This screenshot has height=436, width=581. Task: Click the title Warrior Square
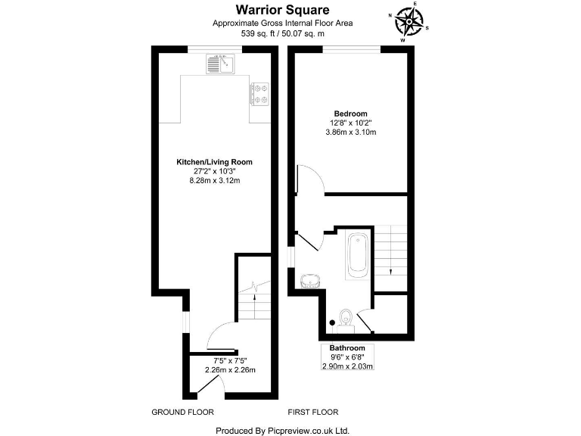point(283,10)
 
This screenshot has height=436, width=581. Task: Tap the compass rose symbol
point(409,22)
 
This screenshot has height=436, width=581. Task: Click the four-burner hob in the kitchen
point(260,92)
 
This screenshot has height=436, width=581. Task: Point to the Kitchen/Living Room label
point(214,162)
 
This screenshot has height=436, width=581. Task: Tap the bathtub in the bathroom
point(357,256)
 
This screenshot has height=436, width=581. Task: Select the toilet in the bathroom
point(346,318)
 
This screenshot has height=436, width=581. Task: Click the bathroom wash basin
point(310,280)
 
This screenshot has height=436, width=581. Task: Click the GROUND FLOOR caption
point(183,413)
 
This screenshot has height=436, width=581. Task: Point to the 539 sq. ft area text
point(283,33)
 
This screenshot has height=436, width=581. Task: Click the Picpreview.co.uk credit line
point(283,430)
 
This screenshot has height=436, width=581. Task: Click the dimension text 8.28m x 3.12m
point(214,181)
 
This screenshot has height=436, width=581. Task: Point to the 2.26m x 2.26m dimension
point(230,369)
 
